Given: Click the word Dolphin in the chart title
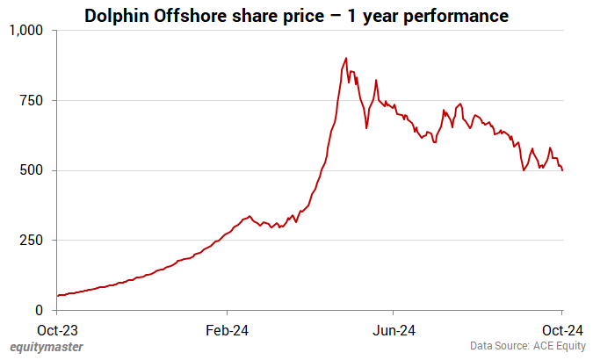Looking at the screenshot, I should tap(118, 15).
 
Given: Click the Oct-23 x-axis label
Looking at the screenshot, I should tap(57, 330).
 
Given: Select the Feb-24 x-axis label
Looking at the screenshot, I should tap(227, 330).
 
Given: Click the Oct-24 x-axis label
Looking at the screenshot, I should tap(561, 330).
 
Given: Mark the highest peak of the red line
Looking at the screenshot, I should tap(346, 59).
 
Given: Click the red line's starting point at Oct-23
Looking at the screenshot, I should tap(57, 296).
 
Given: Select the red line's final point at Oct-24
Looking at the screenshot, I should tap(562, 170).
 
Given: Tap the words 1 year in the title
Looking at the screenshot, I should tap(373, 15).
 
